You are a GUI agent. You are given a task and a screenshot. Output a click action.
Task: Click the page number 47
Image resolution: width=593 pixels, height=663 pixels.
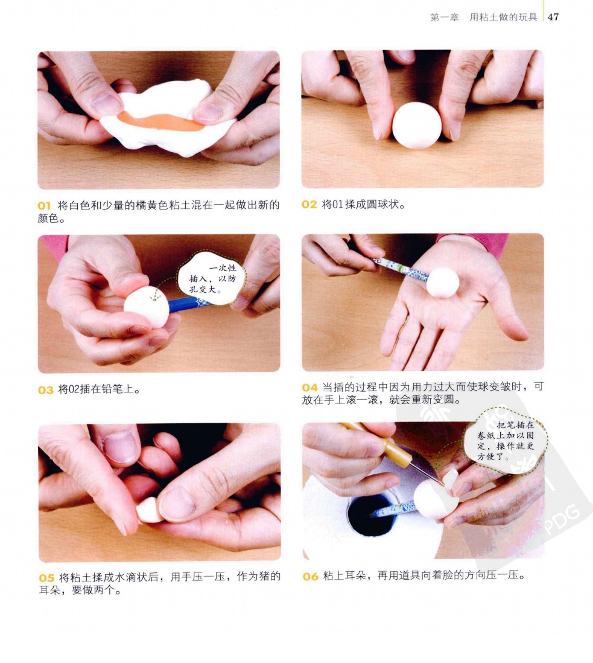(x=553, y=17)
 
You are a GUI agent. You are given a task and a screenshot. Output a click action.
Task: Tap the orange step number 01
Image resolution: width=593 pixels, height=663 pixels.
(x=44, y=206)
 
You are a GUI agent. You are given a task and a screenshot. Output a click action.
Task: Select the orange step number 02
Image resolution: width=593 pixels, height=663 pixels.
(x=309, y=205)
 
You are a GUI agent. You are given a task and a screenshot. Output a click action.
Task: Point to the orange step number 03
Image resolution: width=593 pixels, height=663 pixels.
(x=46, y=390)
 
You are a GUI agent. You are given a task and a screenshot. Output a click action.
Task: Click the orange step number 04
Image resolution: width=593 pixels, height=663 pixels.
(x=309, y=387)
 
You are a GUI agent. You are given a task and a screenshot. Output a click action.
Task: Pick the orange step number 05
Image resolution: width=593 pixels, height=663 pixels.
(x=47, y=578)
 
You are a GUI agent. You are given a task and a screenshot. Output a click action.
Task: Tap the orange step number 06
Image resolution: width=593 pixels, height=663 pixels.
(x=311, y=576)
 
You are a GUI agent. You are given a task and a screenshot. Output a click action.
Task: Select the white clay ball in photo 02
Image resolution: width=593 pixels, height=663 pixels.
(x=417, y=126)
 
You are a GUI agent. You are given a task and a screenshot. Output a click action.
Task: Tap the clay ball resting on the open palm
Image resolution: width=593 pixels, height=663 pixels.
(x=443, y=282)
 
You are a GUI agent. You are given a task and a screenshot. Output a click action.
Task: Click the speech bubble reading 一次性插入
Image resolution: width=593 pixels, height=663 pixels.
(x=212, y=278)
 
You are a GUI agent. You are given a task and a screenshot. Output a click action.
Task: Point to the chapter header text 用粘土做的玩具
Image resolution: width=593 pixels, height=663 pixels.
(x=503, y=17)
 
